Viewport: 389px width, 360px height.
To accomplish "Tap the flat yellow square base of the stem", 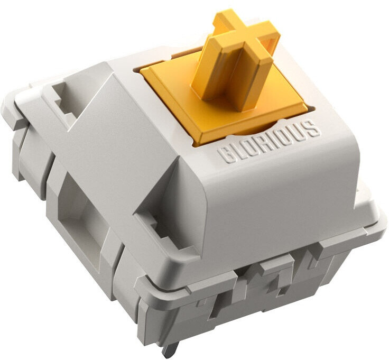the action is (223, 104).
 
